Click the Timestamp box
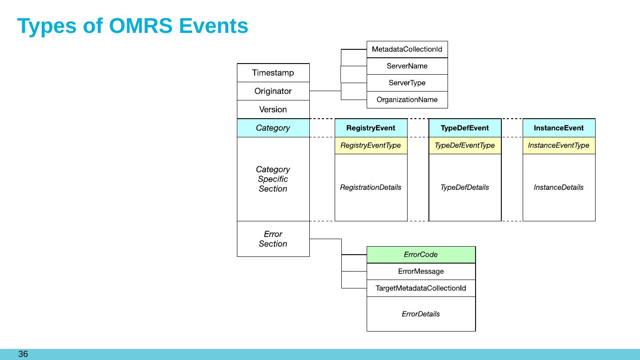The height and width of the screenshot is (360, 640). click(x=273, y=72)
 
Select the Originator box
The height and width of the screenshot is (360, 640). click(x=273, y=91)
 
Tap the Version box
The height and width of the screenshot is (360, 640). click(x=273, y=109)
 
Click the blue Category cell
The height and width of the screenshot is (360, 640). click(x=273, y=128)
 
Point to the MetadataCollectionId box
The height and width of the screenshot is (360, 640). click(x=407, y=49)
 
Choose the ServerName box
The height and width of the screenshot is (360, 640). click(x=407, y=66)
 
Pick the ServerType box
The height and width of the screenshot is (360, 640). click(x=407, y=83)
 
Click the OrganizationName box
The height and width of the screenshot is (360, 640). click(x=407, y=100)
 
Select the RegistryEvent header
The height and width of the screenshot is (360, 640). click(x=371, y=128)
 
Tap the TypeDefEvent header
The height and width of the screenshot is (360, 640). click(x=465, y=128)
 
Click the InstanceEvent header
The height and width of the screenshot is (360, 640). click(x=559, y=128)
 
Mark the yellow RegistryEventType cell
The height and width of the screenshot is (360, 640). click(x=371, y=145)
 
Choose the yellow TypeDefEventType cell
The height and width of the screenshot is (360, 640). click(x=465, y=145)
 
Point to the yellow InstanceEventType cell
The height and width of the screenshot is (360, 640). click(x=559, y=145)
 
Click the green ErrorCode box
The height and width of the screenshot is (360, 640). click(x=421, y=255)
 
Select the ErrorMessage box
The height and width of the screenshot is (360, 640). click(x=421, y=272)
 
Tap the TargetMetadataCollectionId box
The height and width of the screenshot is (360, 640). click(x=421, y=288)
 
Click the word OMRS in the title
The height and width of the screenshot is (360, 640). click(x=140, y=26)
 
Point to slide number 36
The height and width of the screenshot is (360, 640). click(x=23, y=354)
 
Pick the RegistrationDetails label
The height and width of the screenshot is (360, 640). click(x=371, y=188)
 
